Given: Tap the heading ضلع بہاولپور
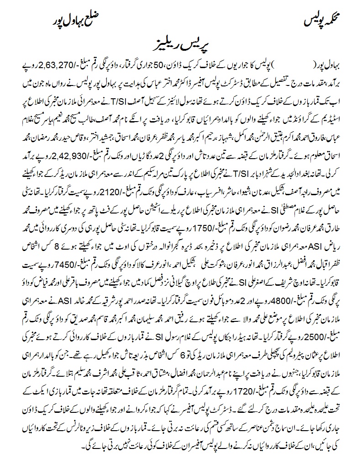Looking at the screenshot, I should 74,20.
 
